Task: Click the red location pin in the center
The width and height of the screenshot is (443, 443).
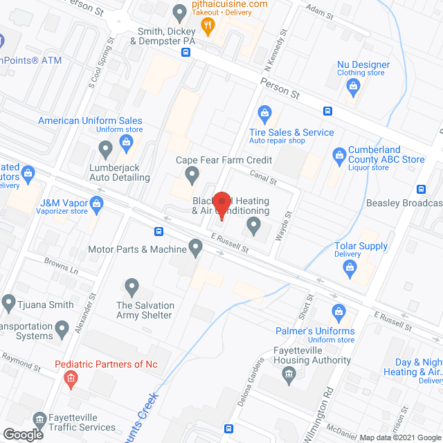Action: pyautogui.click(x=221, y=206)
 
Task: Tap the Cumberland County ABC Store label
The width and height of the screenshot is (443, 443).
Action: pyautogui.click(x=386, y=154)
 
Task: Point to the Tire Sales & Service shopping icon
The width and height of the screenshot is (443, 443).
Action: pyautogui.click(x=264, y=113)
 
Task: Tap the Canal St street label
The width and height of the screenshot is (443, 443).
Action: pyautogui.click(x=263, y=180)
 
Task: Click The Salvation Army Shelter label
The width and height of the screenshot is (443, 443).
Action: pyautogui.click(x=145, y=310)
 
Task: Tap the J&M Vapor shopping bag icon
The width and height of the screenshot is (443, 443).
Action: pyautogui.click(x=96, y=202)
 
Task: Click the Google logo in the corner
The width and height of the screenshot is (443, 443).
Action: pyautogui.click(x=22, y=435)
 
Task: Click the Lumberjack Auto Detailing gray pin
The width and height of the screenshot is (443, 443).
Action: pyautogui.click(x=105, y=148)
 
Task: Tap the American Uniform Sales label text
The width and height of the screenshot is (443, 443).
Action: pyautogui.click(x=90, y=120)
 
